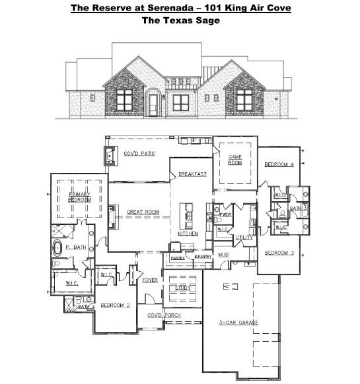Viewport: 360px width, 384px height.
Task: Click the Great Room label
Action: click(143, 212)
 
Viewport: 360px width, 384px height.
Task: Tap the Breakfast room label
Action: click(192, 174)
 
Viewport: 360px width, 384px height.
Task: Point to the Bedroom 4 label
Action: click(279, 164)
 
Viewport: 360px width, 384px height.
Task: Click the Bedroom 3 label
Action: click(279, 253)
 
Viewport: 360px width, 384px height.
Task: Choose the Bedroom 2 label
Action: click(114, 305)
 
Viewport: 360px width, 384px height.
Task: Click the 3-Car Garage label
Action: click(238, 322)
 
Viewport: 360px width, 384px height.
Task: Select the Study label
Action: click(183, 288)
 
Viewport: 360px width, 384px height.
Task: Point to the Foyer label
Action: click(150, 280)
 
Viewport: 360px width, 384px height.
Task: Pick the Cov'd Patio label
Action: click(139, 153)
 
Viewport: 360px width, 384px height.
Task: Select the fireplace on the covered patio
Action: click(108, 154)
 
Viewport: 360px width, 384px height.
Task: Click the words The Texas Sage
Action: click(179, 20)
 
